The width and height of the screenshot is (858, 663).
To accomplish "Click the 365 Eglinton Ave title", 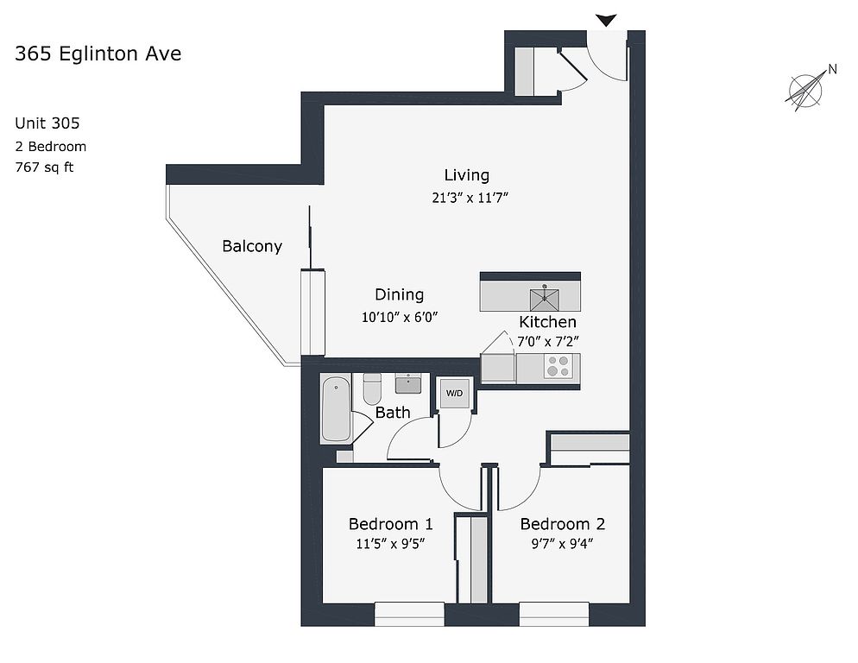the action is (x=98, y=54).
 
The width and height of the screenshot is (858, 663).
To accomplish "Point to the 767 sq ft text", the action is (x=44, y=167).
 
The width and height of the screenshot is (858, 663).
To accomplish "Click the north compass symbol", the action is (x=808, y=89).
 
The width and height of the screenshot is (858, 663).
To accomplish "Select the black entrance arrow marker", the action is (x=606, y=20).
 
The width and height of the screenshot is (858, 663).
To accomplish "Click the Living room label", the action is (x=467, y=175).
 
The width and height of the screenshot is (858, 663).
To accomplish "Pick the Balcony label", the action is (x=252, y=246).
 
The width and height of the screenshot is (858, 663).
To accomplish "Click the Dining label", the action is (x=399, y=294).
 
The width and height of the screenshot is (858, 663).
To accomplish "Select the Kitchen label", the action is (x=547, y=322).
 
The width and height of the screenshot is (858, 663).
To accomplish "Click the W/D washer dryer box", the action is (x=453, y=394).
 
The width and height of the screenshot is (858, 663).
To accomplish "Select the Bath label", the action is (x=393, y=413).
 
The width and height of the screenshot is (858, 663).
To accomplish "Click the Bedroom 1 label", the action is (x=390, y=524).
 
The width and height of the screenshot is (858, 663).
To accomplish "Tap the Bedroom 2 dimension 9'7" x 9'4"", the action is (x=561, y=544).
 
